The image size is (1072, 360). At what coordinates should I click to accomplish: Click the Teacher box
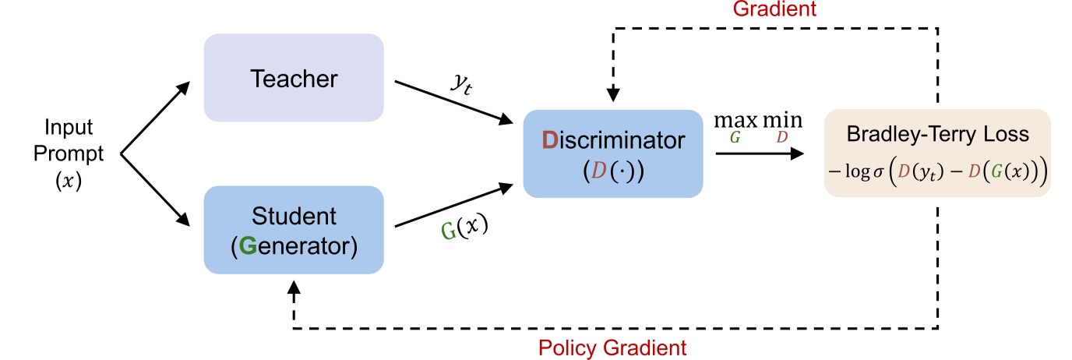tap(293, 78)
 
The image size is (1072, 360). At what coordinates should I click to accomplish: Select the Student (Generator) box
tap(293, 230)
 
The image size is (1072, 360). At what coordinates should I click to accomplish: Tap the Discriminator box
tap(612, 154)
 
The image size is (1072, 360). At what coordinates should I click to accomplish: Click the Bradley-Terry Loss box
tap(937, 153)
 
